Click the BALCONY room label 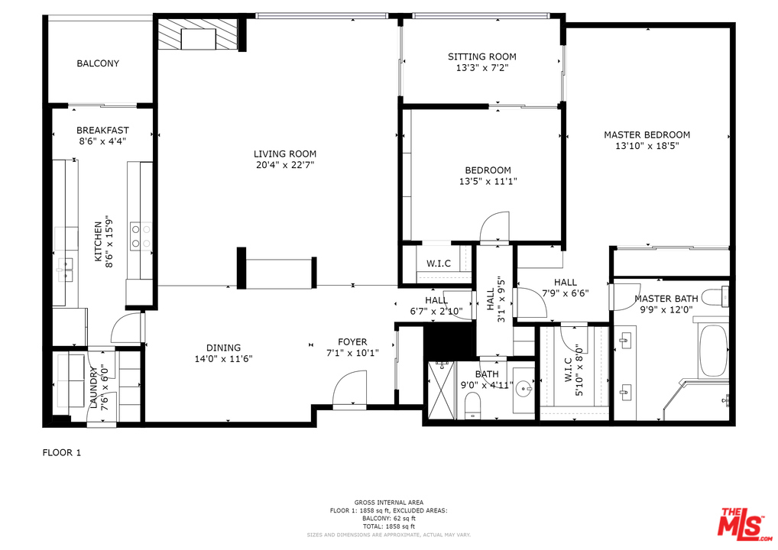98,63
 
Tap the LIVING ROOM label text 285,154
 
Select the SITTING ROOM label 481,57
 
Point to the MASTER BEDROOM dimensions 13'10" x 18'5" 647,146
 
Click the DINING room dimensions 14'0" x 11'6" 223,358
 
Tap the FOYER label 352,341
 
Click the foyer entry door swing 349,390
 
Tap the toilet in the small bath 473,405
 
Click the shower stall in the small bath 441,390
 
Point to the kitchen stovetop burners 141,237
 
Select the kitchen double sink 65,270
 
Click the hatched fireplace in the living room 199,34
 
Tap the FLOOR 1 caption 62,452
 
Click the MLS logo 744,524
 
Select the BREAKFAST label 102,131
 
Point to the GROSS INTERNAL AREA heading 389,503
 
